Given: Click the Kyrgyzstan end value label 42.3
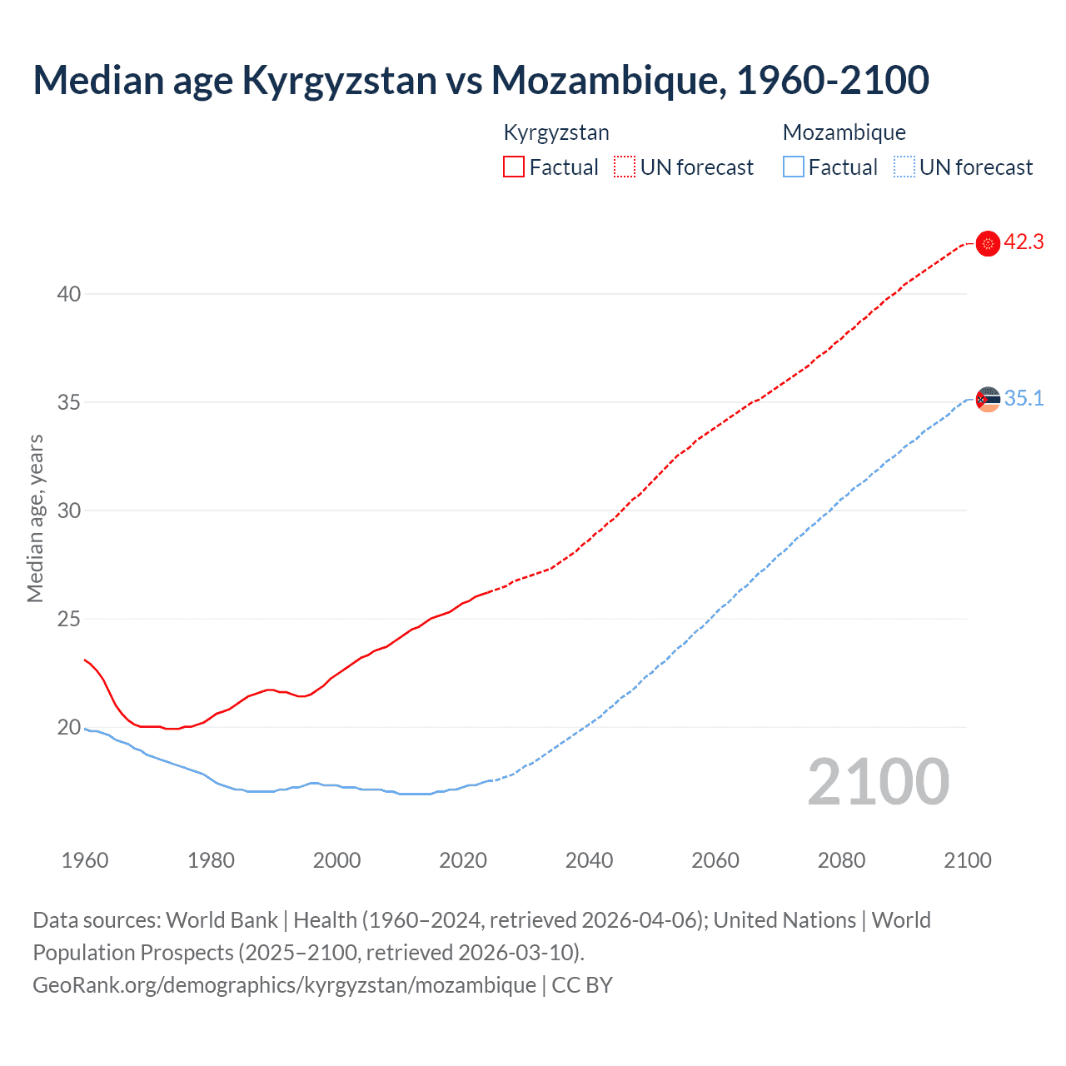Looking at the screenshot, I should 1024,242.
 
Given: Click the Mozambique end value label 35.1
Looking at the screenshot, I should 1024,399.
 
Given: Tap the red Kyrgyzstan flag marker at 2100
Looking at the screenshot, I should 988,243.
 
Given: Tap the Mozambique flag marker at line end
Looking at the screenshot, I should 988,400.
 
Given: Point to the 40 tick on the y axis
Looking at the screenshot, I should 69,294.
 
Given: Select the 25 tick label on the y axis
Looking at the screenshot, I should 69,619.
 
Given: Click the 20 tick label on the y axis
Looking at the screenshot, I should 69,727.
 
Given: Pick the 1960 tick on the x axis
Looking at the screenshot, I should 85,860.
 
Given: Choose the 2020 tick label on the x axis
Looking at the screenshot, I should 463,860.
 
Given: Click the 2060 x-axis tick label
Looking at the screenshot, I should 715,860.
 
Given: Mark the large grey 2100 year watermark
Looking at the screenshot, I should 878,781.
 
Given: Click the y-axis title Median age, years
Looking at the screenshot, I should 35,518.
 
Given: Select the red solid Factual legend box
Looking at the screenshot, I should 514,167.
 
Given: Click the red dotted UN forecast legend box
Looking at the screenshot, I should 625,167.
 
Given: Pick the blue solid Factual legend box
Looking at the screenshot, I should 793,167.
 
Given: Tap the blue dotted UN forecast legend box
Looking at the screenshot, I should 904,167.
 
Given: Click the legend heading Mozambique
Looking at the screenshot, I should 844,132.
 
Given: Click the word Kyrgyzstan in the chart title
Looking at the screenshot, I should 339,81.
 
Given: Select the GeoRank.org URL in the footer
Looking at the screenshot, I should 284,985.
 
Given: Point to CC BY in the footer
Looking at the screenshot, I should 582,985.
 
